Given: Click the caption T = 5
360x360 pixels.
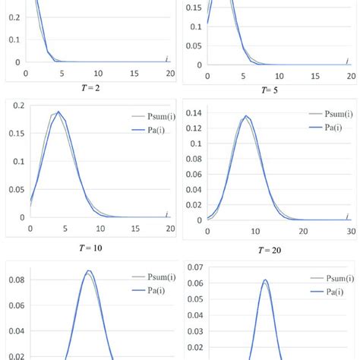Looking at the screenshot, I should coord(267,90).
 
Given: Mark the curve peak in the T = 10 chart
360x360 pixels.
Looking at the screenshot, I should coord(58,112).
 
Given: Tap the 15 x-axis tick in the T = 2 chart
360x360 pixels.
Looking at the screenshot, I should coord(134,73).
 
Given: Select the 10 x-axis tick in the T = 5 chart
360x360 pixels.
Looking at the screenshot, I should coord(279,76).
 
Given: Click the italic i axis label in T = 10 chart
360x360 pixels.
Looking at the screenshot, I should coord(166,216).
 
